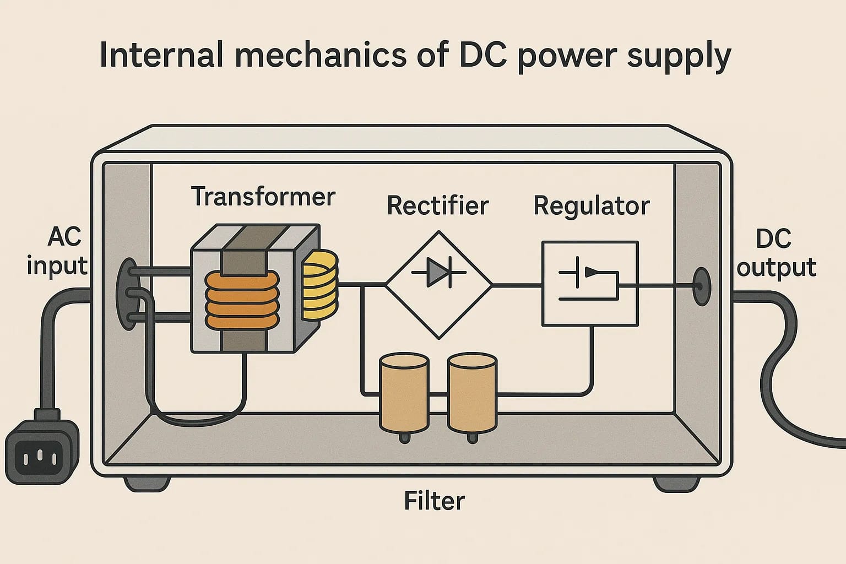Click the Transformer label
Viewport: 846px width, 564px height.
pos(263,197)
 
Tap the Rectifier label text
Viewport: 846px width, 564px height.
pos(437,205)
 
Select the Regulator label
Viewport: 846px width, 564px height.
pos(591,205)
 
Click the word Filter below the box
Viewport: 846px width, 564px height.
pos(434,501)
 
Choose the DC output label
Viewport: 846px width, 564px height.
pos(776,253)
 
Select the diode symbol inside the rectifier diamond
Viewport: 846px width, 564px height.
pos(438,272)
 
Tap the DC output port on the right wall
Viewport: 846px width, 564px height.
pos(701,286)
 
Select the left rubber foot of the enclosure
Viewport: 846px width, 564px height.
pos(146,484)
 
